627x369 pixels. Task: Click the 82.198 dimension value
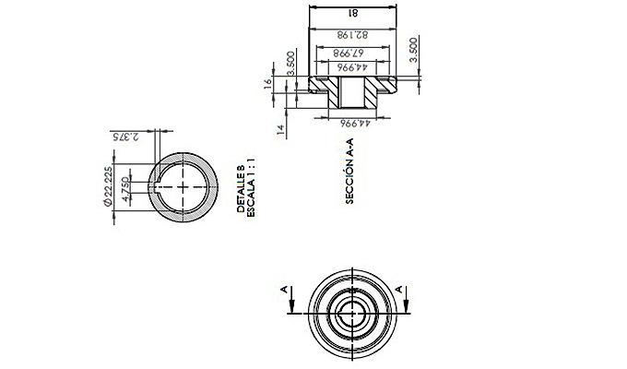tap(352, 35)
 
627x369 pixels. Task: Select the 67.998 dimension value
tap(349, 53)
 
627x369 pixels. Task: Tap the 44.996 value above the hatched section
tap(352, 66)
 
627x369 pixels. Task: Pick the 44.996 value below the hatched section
tap(355, 124)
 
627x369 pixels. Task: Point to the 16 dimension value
tap(267, 83)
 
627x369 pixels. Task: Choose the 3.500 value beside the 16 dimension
tap(291, 63)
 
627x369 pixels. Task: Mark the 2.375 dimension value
tap(125, 137)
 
